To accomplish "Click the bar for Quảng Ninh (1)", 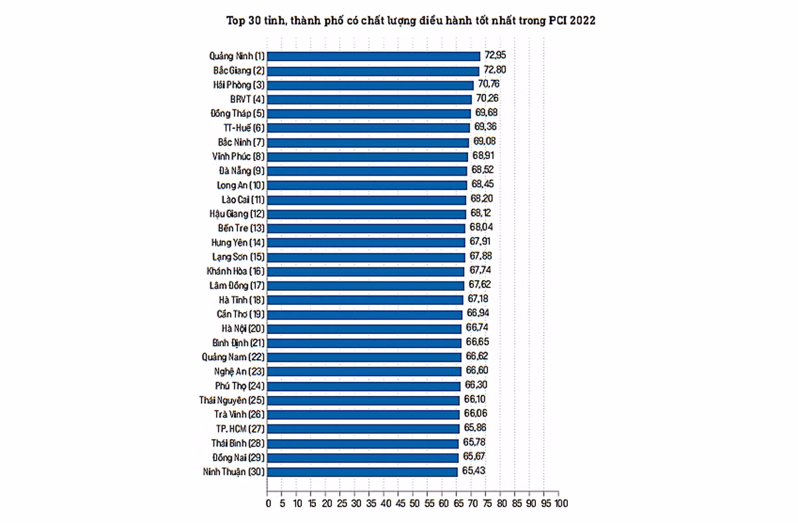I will [374, 57].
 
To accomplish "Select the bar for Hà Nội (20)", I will [364, 329].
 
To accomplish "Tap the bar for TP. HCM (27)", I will [364, 429].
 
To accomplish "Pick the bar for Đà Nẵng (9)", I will [367, 171].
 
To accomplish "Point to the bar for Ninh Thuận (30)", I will [363, 472].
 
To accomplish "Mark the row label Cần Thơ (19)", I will [240, 314].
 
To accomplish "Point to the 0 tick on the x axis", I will [268, 504].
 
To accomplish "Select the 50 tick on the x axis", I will [414, 504].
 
